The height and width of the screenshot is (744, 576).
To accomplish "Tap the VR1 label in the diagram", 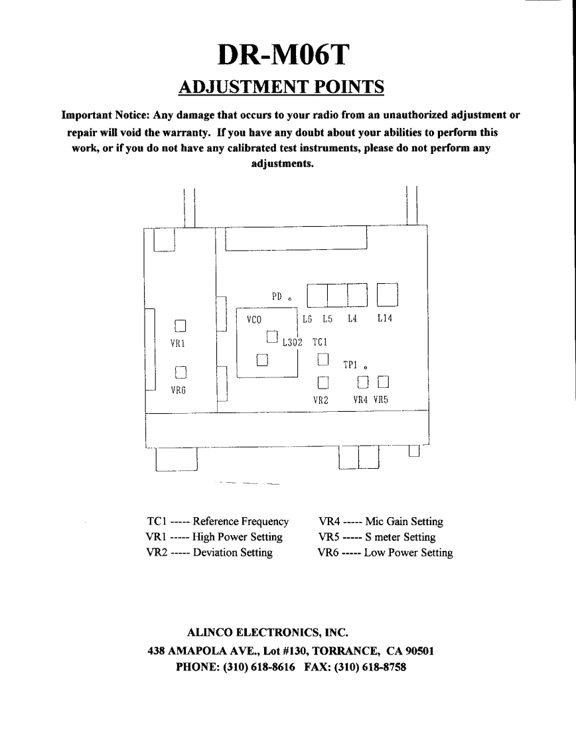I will click(177, 344).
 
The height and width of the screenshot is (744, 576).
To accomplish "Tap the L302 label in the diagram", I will click(292, 343).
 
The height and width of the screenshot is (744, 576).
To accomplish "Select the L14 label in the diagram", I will click(385, 319).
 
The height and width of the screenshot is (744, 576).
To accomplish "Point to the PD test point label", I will click(277, 296).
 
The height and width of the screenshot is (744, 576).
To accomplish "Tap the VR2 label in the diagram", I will click(321, 400).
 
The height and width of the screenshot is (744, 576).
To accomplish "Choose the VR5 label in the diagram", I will click(380, 400).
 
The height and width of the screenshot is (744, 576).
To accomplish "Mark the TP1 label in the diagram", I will click(351, 365).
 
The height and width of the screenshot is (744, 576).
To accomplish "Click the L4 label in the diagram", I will click(352, 319).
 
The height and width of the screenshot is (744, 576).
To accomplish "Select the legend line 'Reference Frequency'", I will click(240, 522).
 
